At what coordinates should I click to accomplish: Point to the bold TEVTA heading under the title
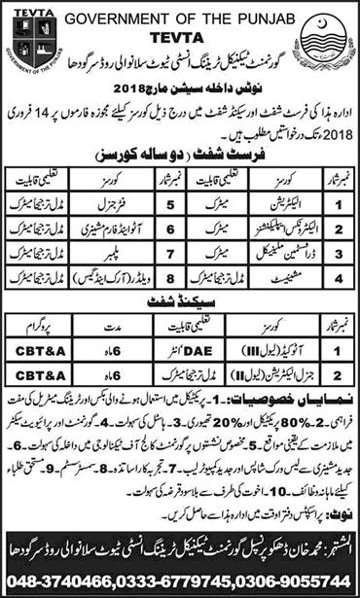(x=180, y=29)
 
